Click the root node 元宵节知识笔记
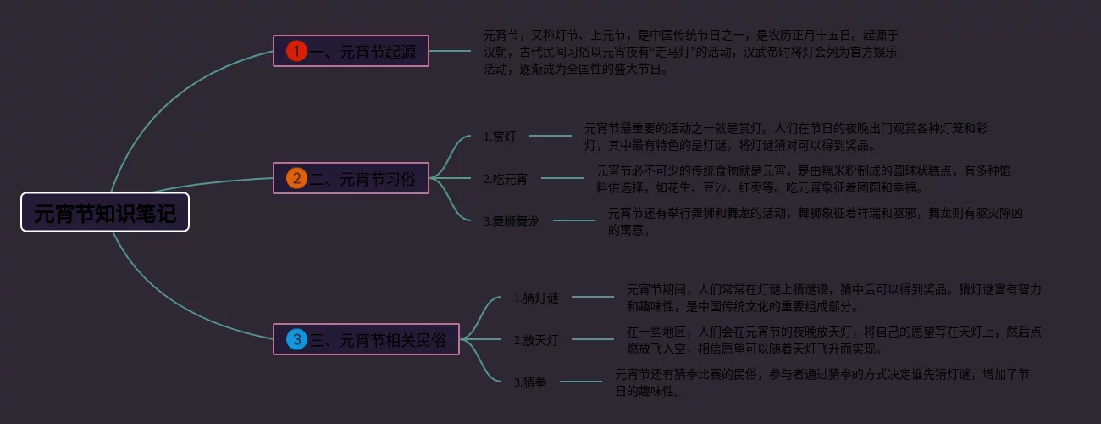(105, 212)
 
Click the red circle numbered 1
(296, 52)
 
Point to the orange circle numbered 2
(296, 179)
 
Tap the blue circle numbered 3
(296, 340)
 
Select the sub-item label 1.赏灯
(499, 136)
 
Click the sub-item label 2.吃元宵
(506, 179)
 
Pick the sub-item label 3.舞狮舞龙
(511, 221)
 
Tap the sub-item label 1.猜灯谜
(536, 298)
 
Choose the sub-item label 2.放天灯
(536, 340)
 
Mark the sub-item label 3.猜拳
(530, 382)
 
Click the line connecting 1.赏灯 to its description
(550, 136)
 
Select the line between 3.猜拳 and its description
(581, 382)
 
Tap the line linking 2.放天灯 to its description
(592, 340)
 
